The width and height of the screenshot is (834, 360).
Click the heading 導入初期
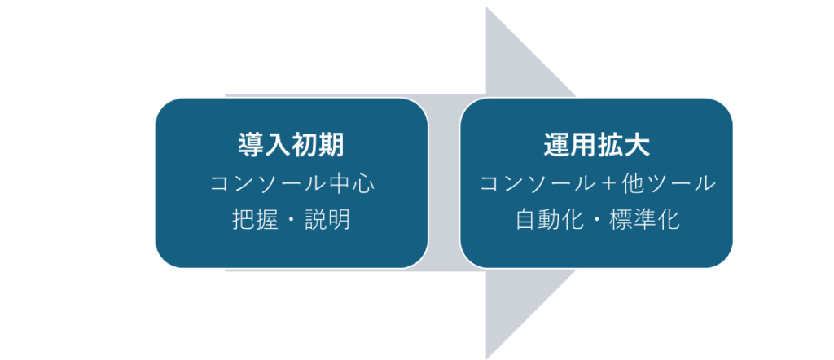click(x=291, y=145)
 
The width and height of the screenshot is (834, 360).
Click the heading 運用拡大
click(x=596, y=145)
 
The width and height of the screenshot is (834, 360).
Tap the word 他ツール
click(x=668, y=184)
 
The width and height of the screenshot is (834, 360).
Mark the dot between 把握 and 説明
click(x=292, y=221)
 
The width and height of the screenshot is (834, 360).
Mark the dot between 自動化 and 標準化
click(x=597, y=221)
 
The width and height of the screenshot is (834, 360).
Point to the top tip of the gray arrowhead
click(x=487, y=7)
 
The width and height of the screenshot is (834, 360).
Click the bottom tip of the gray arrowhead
click(x=487, y=358)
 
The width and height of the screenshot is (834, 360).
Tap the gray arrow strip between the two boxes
click(x=444, y=183)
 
